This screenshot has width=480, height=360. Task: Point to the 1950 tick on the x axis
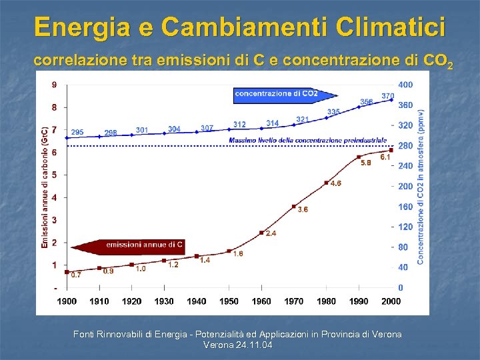pyautogui.click(x=229, y=301)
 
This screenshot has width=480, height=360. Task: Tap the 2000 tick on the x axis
pyautogui.click(x=391, y=301)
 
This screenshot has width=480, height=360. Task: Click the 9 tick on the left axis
pyautogui.click(x=54, y=85)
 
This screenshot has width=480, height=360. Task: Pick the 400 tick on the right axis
pyautogui.click(x=405, y=85)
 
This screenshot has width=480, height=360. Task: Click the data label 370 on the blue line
pyautogui.click(x=387, y=96)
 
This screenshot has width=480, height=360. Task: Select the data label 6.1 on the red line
pyautogui.click(x=385, y=157)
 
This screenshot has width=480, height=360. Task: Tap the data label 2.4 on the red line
pyautogui.click(x=271, y=233)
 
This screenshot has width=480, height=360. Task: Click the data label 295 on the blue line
pyautogui.click(x=77, y=132)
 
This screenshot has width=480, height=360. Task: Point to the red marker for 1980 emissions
pyautogui.click(x=326, y=183)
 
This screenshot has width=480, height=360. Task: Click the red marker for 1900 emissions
pyautogui.click(x=67, y=272)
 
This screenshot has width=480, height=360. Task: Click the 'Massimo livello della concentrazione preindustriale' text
pyautogui.click(x=307, y=141)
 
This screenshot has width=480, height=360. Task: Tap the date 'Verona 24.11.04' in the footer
pyautogui.click(x=237, y=345)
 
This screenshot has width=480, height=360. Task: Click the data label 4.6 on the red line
pyautogui.click(x=336, y=183)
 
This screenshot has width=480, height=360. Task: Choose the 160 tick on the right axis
pyautogui.click(x=405, y=207)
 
